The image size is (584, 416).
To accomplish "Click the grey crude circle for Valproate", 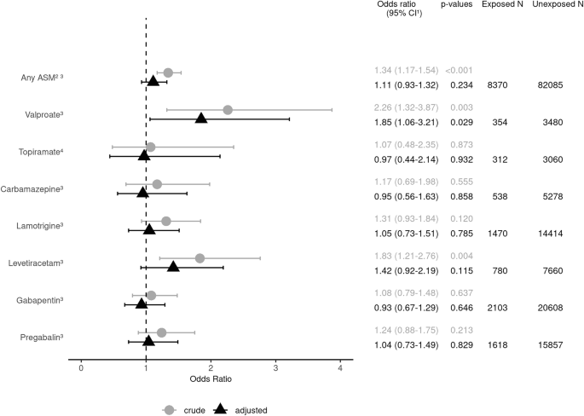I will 228,110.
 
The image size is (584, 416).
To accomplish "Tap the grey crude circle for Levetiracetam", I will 199,258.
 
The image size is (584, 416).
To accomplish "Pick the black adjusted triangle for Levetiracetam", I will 173,267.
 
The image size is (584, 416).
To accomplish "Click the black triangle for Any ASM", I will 153,81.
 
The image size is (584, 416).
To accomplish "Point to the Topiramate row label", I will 42,152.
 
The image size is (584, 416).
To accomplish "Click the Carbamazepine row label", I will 34,189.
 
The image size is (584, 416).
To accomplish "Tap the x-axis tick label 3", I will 275,367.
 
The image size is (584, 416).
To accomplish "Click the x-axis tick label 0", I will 81,367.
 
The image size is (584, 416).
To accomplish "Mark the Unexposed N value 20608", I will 554,307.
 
